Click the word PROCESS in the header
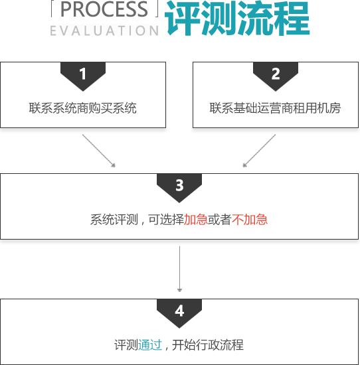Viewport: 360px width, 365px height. (104, 9)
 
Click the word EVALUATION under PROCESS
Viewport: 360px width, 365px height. (104, 31)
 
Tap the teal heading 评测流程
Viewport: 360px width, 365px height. (237, 19)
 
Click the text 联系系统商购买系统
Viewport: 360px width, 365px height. (83, 108)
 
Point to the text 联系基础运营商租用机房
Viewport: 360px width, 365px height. (275, 108)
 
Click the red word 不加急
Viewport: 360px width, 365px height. (250, 220)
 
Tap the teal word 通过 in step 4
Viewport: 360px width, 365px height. (150, 344)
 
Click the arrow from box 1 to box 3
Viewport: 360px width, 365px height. (99, 151)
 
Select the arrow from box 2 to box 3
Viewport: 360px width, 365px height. (259, 151)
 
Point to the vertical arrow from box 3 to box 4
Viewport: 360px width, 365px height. (179, 269)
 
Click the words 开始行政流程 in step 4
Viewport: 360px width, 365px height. (208, 344)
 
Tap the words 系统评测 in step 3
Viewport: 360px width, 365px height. (114, 220)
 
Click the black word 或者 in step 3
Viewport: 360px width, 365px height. (219, 220)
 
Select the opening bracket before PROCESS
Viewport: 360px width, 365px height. (52, 9)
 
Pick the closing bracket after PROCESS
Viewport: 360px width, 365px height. (157, 9)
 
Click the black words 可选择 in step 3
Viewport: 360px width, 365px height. (166, 220)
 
